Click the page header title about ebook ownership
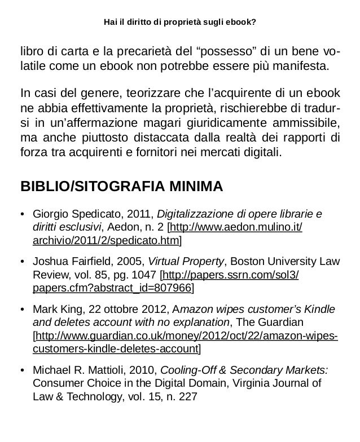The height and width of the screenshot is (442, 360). pyautogui.click(x=179, y=23)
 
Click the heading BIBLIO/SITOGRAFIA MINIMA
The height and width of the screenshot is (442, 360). pyautogui.click(x=122, y=186)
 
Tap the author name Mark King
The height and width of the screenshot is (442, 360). pyautogui.click(x=55, y=310)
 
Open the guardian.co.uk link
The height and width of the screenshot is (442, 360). pyautogui.click(x=186, y=337)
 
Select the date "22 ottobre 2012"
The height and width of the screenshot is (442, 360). pyautogui.click(x=128, y=310)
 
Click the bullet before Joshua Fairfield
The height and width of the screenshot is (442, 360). pyautogui.click(x=23, y=262)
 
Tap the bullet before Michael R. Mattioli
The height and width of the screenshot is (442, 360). pyautogui.click(x=23, y=370)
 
